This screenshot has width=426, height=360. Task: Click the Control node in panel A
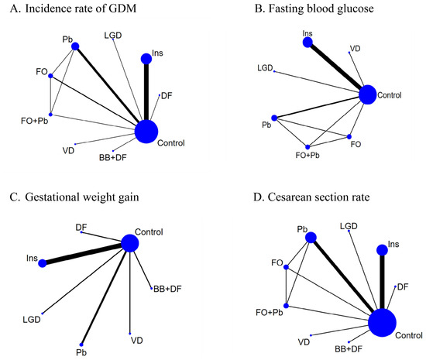[x=146, y=132]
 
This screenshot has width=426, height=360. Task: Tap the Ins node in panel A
[x=146, y=59]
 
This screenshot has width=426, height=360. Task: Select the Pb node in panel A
[x=75, y=46]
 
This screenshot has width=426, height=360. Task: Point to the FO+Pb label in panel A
[x=35, y=121]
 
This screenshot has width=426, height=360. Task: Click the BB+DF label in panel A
[x=113, y=157]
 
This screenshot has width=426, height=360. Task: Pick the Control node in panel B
[x=368, y=94]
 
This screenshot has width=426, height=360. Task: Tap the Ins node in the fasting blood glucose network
[x=307, y=43]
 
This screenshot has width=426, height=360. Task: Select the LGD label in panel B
[x=265, y=68]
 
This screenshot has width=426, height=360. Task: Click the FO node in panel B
[x=349, y=136]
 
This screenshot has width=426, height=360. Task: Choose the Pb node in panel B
[x=274, y=118]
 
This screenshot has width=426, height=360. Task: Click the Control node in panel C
[x=130, y=243]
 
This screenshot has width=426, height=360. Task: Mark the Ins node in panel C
[x=43, y=263]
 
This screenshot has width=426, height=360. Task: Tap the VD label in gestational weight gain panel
[x=136, y=341]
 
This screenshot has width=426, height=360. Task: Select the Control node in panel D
[x=382, y=323]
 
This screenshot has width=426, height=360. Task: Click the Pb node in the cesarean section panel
[x=311, y=238]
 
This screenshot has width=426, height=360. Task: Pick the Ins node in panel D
[x=382, y=250]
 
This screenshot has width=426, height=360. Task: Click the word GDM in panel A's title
[x=122, y=9]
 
